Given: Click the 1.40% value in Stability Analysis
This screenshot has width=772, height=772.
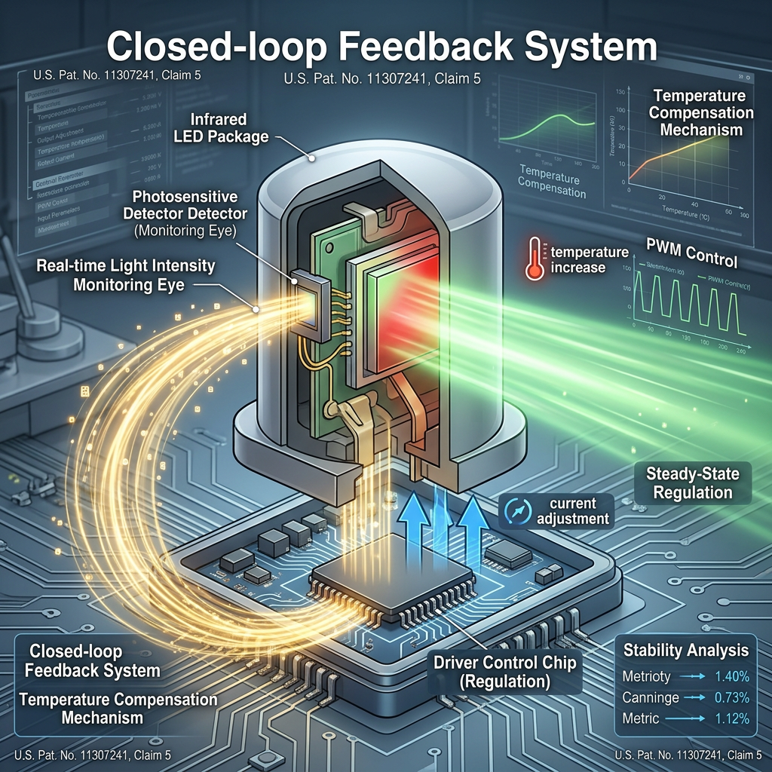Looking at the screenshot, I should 731,676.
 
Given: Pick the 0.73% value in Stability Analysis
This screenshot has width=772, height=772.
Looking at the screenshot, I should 731,697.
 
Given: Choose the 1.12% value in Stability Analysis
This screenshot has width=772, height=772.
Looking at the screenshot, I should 731,718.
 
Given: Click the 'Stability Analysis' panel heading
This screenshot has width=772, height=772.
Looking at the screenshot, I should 686,650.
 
